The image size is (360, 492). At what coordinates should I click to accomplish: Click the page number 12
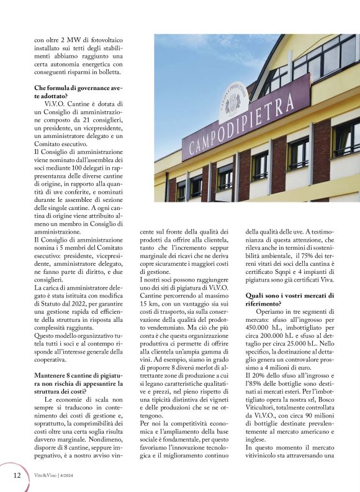click(16, 475)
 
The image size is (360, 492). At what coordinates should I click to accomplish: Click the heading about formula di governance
click(78, 92)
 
